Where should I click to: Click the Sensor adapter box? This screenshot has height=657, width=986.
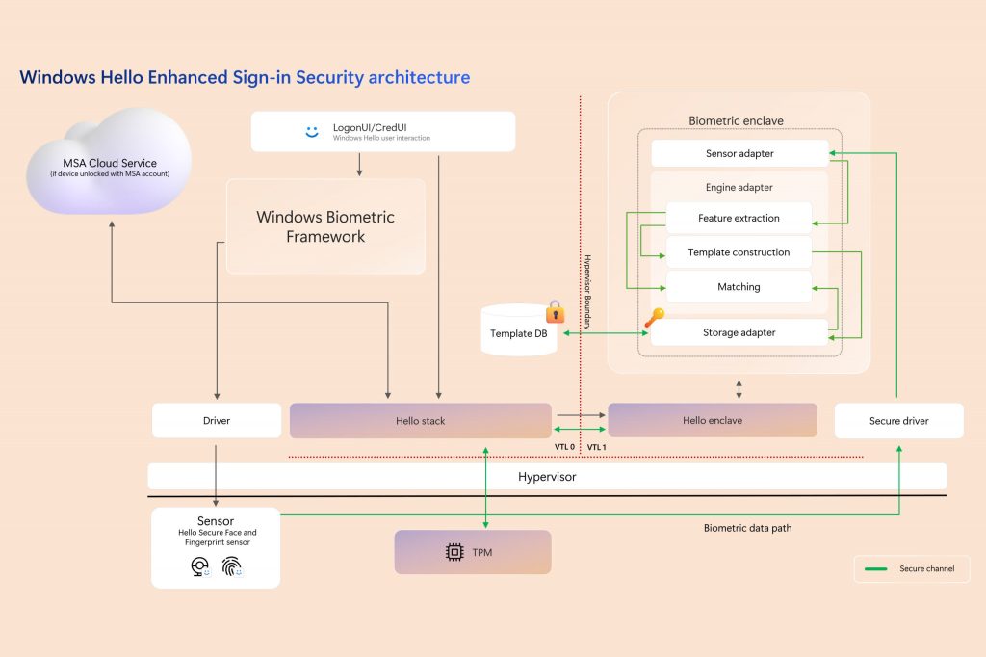[x=739, y=154]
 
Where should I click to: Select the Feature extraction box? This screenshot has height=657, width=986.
[x=739, y=218]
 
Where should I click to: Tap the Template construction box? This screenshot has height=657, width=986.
[x=739, y=252]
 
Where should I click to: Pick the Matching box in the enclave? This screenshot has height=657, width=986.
[x=739, y=287]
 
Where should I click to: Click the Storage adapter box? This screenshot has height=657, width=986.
[x=739, y=332]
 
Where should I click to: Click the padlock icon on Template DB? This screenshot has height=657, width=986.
[x=556, y=311]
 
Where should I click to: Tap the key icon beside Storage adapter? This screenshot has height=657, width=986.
[x=652, y=317]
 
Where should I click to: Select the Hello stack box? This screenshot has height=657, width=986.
[x=421, y=421]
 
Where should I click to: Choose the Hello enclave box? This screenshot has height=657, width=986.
[x=713, y=421]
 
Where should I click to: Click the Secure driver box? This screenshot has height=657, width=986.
[x=898, y=421]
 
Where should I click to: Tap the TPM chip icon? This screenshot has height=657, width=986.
[x=454, y=552]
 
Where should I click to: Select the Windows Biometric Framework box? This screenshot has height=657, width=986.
[x=325, y=226]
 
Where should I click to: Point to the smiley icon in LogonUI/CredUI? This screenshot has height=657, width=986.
[x=311, y=132]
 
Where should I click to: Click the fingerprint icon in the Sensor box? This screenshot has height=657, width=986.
[x=231, y=567]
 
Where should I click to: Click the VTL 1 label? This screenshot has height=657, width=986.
[x=597, y=447]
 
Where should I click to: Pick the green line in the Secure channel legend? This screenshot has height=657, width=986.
[x=876, y=569]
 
